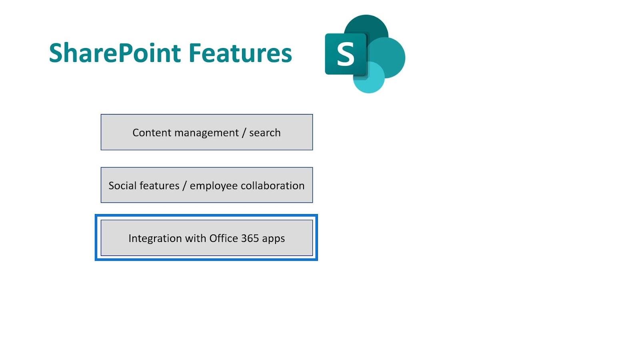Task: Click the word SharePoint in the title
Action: click(x=115, y=52)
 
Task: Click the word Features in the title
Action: click(x=240, y=52)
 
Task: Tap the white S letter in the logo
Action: click(x=346, y=54)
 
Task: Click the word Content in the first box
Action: click(x=152, y=132)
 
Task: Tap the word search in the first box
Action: click(x=265, y=132)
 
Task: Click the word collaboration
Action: click(x=272, y=186)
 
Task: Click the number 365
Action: click(x=250, y=238)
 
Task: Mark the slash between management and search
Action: click(x=244, y=133)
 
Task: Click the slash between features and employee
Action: click(x=184, y=186)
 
